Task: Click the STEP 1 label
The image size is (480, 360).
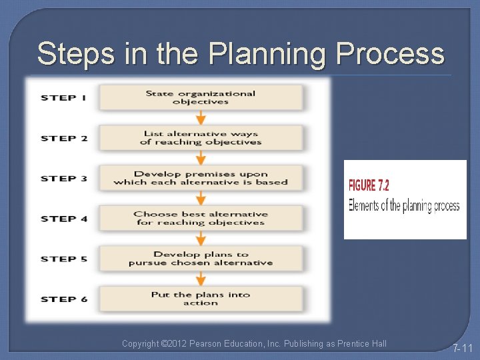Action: (64, 98)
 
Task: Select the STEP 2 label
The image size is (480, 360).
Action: (64, 138)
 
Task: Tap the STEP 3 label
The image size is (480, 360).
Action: (64, 178)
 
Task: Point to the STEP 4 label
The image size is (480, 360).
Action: (64, 219)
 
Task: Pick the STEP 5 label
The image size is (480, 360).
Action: (64, 259)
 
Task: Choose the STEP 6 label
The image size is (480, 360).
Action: (64, 299)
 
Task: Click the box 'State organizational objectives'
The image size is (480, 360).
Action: (201, 97)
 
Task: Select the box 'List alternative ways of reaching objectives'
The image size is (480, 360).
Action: (201, 138)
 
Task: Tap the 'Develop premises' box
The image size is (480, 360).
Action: (201, 178)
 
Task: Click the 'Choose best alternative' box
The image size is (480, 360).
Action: (201, 218)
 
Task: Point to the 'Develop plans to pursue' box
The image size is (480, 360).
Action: (201, 258)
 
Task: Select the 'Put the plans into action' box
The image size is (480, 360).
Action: (201, 299)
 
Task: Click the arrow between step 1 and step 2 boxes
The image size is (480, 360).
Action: (201, 118)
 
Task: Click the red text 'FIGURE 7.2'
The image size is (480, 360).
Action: (369, 186)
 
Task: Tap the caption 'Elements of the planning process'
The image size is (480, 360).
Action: (404, 205)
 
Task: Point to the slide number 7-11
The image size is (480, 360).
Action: (462, 348)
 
